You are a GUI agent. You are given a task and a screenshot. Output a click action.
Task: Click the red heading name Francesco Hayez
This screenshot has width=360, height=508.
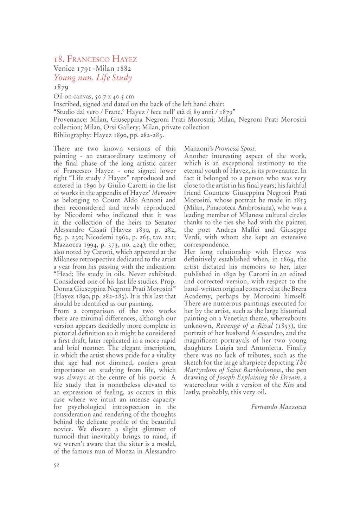point(102,59)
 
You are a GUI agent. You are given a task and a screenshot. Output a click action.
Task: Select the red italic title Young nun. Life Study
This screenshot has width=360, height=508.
point(93,78)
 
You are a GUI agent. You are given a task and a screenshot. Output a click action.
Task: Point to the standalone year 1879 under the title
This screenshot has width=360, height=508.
point(61,87)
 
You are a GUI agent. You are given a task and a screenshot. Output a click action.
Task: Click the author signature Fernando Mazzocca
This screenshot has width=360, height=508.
point(278,407)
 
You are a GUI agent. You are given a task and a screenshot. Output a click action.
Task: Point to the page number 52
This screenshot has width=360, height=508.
point(57,465)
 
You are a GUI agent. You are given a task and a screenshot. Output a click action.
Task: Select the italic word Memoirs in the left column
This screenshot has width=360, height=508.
point(164,193)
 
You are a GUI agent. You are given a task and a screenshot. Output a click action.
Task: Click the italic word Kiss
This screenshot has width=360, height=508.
point(288,385)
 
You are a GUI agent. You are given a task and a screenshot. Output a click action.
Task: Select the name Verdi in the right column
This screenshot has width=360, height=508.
point(192,237)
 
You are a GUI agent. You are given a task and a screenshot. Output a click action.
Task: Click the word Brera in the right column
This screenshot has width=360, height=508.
point(299,289)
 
